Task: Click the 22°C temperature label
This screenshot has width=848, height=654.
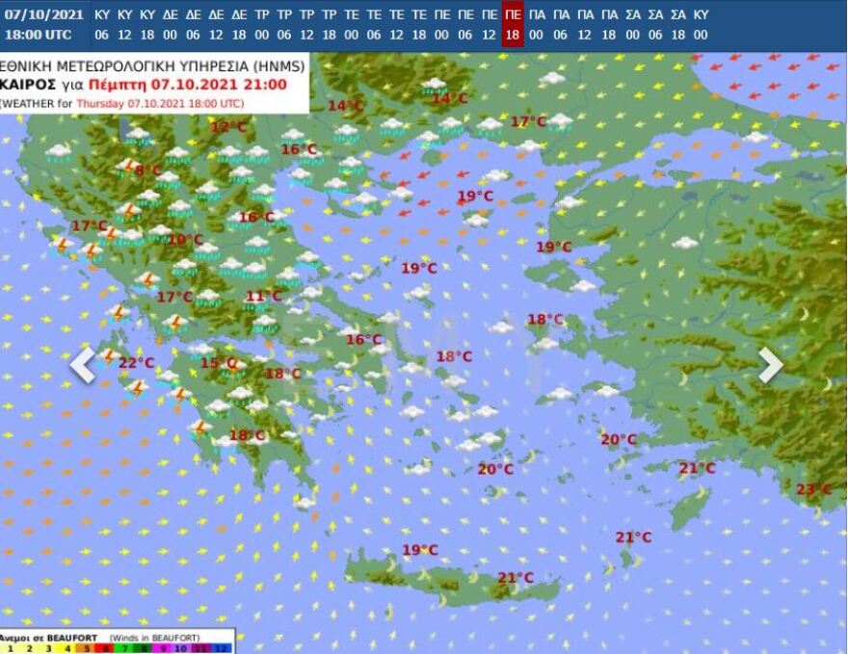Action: click(x=136, y=362)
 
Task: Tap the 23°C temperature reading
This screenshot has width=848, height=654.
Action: click(x=813, y=489)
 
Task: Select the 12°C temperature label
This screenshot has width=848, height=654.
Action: click(x=228, y=126)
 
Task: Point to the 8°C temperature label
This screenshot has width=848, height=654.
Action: click(x=148, y=170)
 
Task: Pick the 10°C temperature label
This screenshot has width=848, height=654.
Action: click(x=185, y=240)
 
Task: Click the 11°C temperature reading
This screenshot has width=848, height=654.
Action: click(x=263, y=296)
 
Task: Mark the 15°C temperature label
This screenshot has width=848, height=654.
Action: click(x=219, y=363)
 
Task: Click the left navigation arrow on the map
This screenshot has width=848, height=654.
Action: click(x=83, y=364)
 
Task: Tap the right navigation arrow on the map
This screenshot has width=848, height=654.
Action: click(x=770, y=364)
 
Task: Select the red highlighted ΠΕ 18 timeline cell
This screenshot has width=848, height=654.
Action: click(x=513, y=24)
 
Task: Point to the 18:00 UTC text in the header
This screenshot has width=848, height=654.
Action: click(x=38, y=34)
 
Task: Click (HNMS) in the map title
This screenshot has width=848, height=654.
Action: click(x=280, y=66)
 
